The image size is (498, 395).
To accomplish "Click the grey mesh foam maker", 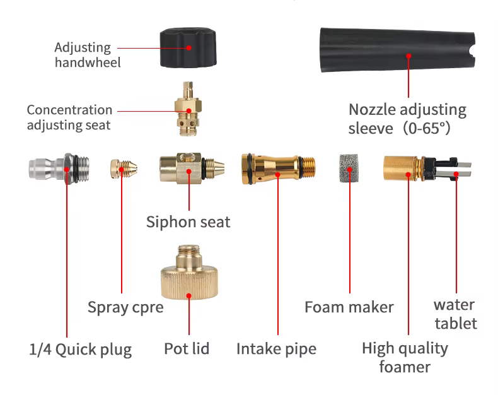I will coord(350,170).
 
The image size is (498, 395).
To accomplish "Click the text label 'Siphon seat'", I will coord(188,222).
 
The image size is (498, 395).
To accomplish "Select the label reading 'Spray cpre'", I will coord(125,308).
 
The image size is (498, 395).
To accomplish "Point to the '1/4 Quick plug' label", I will coord(81,350).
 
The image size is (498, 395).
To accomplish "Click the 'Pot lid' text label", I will coord(187,349).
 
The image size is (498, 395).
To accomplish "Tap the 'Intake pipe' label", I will coord(276,349).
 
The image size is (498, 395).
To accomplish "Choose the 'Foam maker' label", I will coord(349,307).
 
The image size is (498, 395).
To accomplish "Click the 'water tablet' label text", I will coord(455,314).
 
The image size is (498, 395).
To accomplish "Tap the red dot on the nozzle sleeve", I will coord(408,56).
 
